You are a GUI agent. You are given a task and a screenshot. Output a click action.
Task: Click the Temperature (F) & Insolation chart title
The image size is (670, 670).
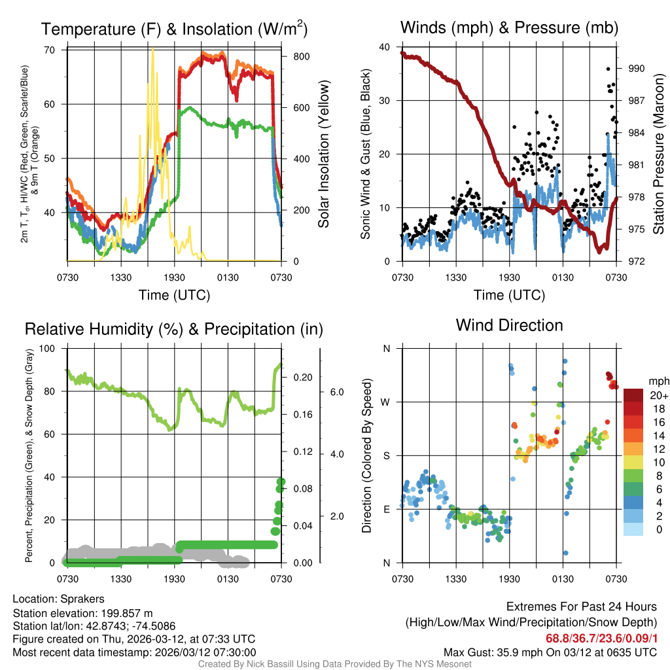click(174, 29)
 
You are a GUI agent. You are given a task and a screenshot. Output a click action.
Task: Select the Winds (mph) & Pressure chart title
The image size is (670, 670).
click(509, 27)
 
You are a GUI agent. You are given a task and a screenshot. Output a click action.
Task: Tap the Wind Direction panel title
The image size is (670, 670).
click(509, 325)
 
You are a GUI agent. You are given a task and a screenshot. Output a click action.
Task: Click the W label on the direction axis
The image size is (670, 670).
click(386, 402)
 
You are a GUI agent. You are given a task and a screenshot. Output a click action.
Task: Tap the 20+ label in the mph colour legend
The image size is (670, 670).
click(659, 396)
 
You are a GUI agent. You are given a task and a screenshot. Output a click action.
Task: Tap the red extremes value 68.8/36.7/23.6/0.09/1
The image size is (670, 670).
click(601, 638)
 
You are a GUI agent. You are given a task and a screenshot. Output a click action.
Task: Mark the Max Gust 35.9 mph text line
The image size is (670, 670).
click(550, 652)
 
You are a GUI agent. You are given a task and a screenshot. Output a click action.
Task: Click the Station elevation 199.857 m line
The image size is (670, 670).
click(82, 612)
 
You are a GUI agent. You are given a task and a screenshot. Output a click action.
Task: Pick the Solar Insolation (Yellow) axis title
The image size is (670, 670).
click(324, 154)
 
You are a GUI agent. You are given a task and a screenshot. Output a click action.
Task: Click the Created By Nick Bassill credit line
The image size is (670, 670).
click(334, 664)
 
